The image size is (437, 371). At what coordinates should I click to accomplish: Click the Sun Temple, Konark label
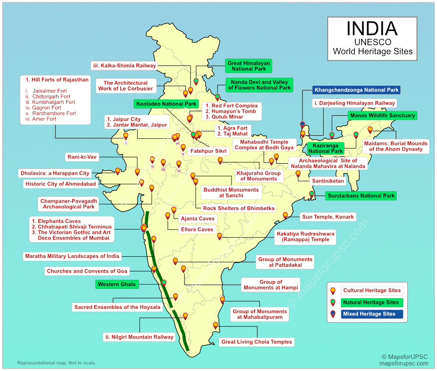pos(328,217)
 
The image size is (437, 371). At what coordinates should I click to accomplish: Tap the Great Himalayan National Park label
pos(248,66)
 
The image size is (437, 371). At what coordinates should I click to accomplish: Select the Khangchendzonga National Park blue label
pos(357,90)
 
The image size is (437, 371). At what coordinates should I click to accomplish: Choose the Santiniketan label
pos(328,181)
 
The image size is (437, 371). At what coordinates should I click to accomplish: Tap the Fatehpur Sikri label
pos(208,151)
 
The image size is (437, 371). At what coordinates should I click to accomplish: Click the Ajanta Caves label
pos(198,218)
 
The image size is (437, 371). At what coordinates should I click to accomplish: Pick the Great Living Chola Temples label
pos(257,342)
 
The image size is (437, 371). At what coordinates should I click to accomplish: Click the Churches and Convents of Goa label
pos(87,271)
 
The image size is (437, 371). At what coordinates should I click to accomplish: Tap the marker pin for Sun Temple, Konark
pos(285,215)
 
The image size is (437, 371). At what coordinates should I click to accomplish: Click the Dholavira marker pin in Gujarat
pos(118,171)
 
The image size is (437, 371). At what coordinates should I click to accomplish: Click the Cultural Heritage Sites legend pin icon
pos(333,290)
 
